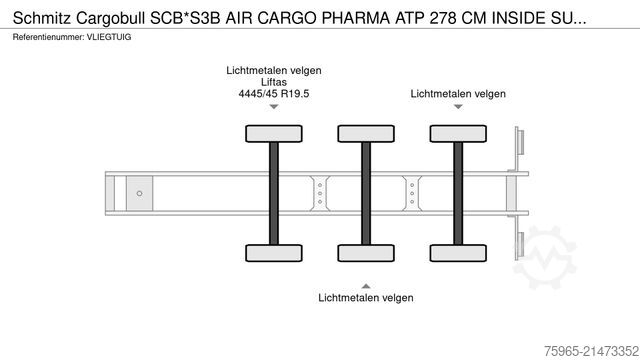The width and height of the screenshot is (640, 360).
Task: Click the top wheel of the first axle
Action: coord(272,133)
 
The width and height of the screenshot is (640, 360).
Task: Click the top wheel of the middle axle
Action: coord(365,133)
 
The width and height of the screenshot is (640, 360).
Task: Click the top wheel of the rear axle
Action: coord(457,133)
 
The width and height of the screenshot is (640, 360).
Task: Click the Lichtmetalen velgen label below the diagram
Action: coord(365,297)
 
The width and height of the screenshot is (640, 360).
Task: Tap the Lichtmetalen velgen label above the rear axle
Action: coord(458,93)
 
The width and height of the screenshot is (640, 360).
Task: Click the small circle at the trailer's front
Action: coord(139,192)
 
